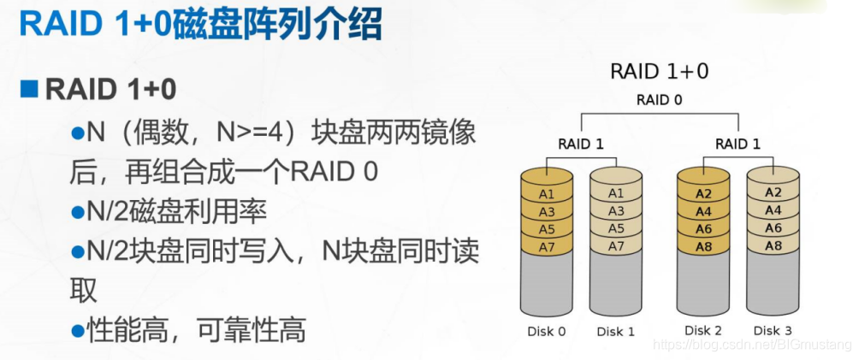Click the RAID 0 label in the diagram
[659, 100]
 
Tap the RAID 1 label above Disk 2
[737, 143]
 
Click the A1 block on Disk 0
[546, 194]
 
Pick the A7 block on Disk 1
[616, 246]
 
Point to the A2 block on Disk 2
[703, 194]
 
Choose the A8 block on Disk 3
[773, 245]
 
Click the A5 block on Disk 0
[546, 229]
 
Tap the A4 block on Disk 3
[773, 210]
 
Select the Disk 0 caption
[547, 331]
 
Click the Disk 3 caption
[773, 330]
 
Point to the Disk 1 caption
[616, 331]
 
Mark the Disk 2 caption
[703, 330]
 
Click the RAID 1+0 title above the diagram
[659, 71]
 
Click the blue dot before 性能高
[78, 329]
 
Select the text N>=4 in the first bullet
[252, 133]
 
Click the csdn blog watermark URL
[751, 345]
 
